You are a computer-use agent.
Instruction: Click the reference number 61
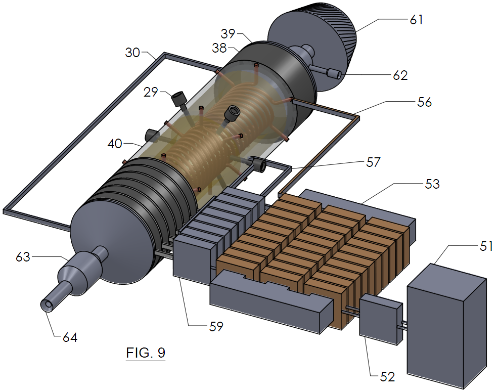click(x=417, y=20)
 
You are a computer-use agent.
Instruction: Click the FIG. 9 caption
click(x=146, y=353)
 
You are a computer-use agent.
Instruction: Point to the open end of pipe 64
click(x=47, y=306)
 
